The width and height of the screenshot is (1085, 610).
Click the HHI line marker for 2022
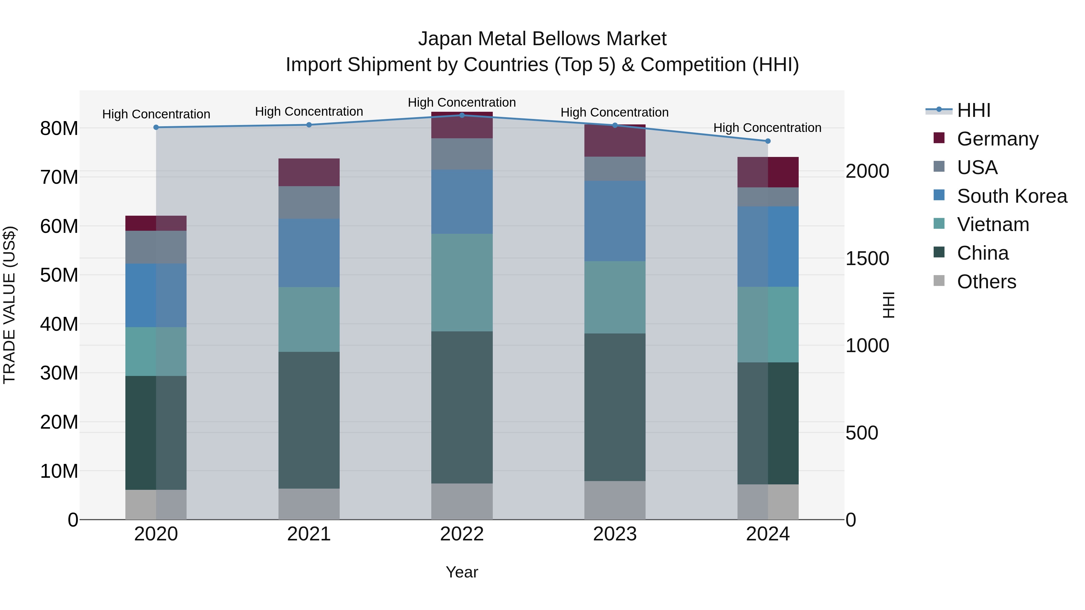click(x=462, y=115)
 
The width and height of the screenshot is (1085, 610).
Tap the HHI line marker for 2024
click(x=767, y=141)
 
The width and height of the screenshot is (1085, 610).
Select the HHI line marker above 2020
click(x=156, y=127)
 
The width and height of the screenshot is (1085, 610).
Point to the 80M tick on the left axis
click(x=59, y=128)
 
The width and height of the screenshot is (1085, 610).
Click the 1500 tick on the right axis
click(x=867, y=258)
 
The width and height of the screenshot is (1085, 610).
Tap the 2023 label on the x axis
click(x=615, y=534)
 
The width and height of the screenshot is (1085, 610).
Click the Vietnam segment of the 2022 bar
click(x=462, y=283)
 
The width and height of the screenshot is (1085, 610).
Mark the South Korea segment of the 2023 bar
click(x=615, y=221)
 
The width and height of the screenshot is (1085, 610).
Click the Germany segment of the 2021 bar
click(x=309, y=172)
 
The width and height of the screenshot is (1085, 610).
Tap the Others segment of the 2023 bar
click(x=615, y=500)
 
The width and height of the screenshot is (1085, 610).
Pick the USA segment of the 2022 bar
click(x=462, y=154)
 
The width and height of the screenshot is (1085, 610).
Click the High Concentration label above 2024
click(x=767, y=127)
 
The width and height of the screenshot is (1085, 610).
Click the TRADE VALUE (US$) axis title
click(x=9, y=305)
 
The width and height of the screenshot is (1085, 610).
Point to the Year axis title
click(x=462, y=572)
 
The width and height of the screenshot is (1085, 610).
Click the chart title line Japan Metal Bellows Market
click(x=542, y=39)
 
